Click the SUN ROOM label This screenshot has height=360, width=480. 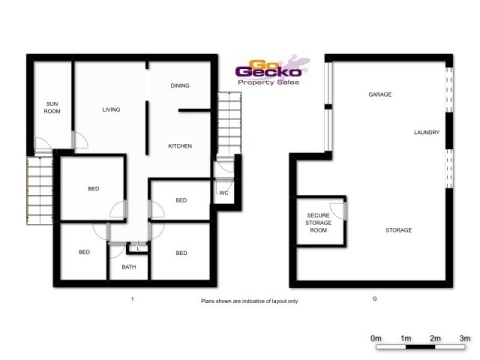point(53,107)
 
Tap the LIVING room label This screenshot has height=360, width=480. point(111,110)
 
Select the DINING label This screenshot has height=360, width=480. point(180,86)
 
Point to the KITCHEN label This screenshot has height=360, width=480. point(180,146)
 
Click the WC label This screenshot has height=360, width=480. point(224,193)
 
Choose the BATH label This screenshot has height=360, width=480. point(129,267)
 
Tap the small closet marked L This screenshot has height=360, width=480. point(138,248)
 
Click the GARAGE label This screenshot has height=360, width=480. point(380,95)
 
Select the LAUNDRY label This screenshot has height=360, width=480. point(427,133)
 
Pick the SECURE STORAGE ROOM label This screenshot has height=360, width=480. point(319,223)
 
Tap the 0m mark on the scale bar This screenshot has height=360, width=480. point(376,339)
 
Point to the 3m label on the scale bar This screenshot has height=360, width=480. point(464,339)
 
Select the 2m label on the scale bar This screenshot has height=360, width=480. point(435,339)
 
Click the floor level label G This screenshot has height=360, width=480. point(374,298)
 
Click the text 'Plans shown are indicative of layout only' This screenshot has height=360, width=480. point(249,301)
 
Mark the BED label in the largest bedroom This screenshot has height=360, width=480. point(94,189)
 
